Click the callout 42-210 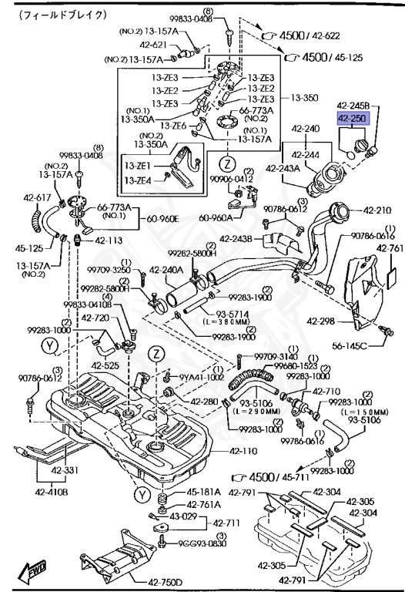click(x=379, y=210)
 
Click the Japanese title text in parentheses click(x=52, y=15)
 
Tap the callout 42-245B click(x=353, y=105)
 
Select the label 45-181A click(x=204, y=492)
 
